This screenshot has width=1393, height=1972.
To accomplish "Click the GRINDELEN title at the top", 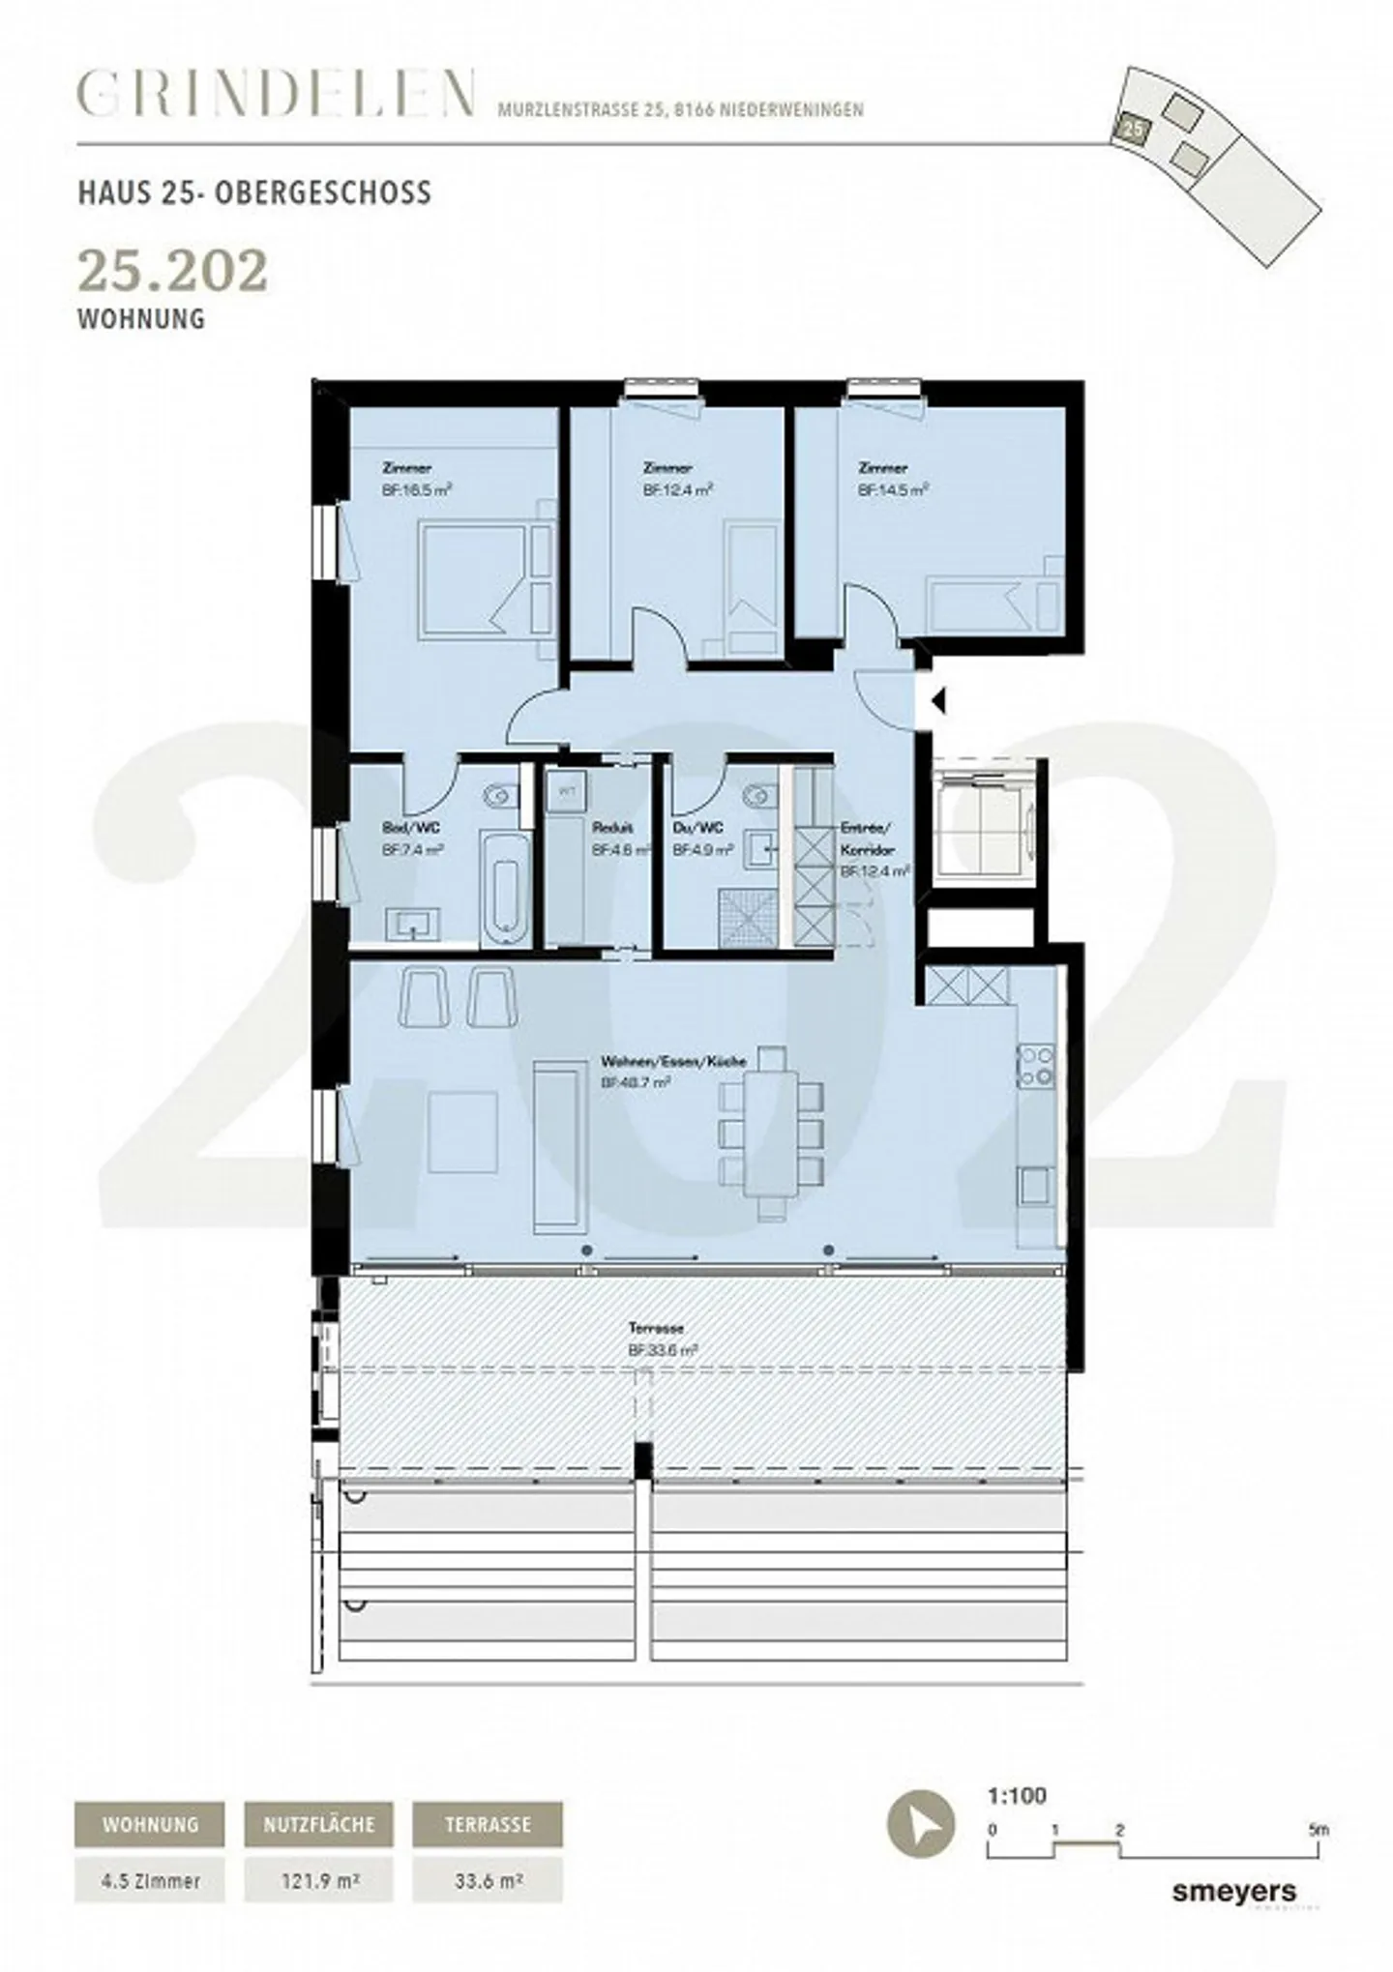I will [x=276, y=95].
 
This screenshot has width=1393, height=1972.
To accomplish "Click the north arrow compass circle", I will [x=920, y=1824].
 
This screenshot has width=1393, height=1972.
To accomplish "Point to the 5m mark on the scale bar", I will [x=1318, y=1830].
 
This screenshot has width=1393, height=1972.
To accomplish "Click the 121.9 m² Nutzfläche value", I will [x=318, y=1880].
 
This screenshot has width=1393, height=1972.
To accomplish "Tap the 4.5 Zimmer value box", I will [x=150, y=1880].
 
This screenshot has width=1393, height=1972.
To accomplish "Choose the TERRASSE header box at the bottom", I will [x=487, y=1825].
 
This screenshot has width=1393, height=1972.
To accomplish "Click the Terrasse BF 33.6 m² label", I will [x=663, y=1340].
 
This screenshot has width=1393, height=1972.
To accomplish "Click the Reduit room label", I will [x=611, y=828].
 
